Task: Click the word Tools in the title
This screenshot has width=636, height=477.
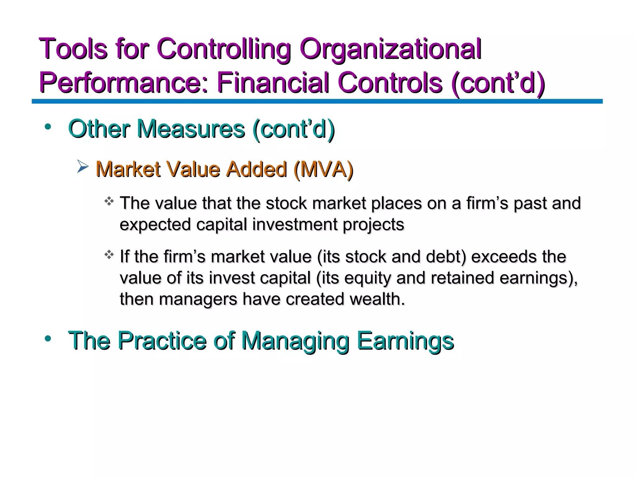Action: click(73, 49)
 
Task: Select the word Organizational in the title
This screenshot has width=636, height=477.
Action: click(390, 49)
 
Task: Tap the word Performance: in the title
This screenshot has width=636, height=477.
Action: click(124, 83)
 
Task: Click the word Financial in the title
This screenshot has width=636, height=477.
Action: click(272, 83)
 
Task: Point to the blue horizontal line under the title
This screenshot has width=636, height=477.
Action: click(317, 101)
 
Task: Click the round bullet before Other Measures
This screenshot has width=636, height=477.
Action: click(48, 127)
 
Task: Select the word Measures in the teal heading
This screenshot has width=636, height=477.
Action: click(191, 129)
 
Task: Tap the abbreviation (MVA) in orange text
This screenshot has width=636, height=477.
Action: click(323, 170)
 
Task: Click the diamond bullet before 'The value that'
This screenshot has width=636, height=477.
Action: click(109, 202)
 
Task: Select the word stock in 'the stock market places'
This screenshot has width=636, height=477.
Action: click(286, 203)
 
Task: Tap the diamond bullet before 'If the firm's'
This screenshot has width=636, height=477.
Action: click(109, 255)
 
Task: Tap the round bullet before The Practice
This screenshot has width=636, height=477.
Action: click(48, 338)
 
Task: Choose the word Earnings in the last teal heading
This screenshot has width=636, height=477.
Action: click(405, 341)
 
